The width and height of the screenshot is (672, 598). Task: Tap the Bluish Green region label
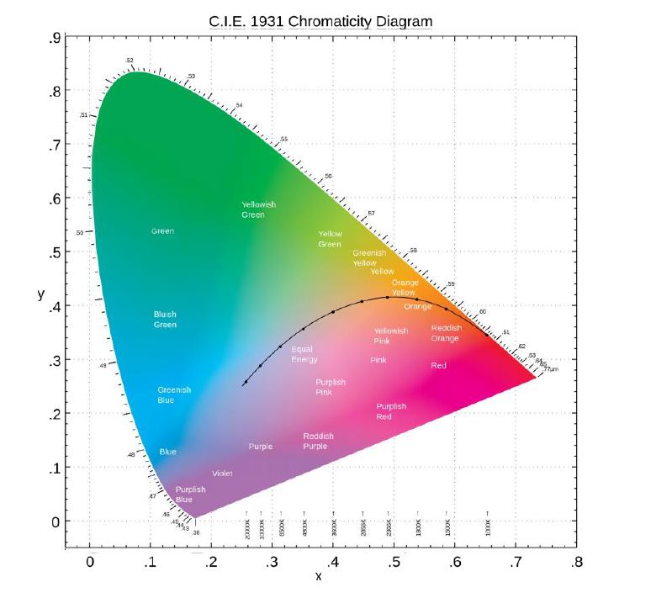click(x=165, y=320)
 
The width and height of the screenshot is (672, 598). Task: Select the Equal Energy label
click(x=304, y=354)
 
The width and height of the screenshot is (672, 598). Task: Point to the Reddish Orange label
click(x=445, y=333)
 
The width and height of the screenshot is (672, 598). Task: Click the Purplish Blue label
click(x=190, y=495)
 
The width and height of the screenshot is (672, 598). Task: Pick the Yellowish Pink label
click(x=390, y=336)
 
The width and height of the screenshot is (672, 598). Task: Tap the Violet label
click(x=222, y=474)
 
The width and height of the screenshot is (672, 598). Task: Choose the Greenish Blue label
click(x=174, y=394)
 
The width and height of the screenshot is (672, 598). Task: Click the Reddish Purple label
click(x=318, y=441)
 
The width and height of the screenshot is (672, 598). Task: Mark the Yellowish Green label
click(x=258, y=209)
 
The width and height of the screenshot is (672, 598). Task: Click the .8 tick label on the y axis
click(x=53, y=91)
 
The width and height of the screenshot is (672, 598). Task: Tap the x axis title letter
click(x=318, y=577)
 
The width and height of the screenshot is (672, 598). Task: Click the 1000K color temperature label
click(x=488, y=527)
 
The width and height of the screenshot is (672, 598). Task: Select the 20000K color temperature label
click(x=247, y=528)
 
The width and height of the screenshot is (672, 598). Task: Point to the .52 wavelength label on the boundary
click(x=129, y=61)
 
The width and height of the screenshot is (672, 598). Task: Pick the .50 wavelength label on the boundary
click(x=79, y=232)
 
